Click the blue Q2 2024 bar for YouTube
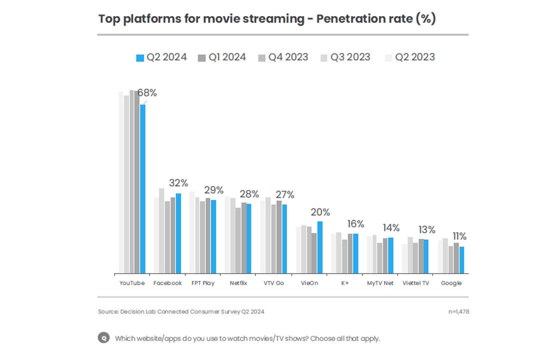(143, 189)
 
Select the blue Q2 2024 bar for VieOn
(320, 247)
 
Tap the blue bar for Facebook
(178, 233)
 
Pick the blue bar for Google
(462, 260)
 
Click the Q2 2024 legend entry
(161, 57)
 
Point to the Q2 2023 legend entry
(409, 57)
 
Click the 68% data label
(147, 93)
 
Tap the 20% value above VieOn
(321, 212)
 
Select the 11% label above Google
(460, 236)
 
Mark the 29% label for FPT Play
(213, 190)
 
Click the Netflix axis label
(238, 283)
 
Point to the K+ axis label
(345, 283)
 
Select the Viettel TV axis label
(415, 283)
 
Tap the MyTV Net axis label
(380, 283)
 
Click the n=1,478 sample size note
(458, 312)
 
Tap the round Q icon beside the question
(103, 338)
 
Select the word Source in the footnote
(107, 312)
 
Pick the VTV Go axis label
(274, 283)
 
